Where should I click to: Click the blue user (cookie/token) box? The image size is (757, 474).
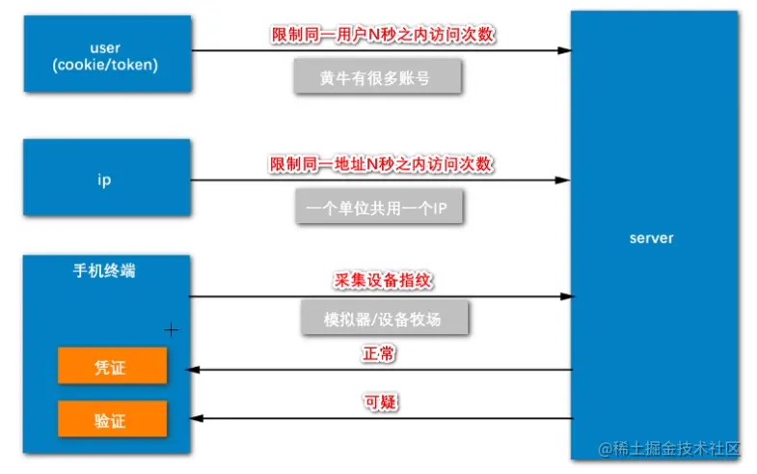107,54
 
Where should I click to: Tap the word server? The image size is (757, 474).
651,237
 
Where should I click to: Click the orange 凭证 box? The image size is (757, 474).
112,368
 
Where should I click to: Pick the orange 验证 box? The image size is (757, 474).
112,420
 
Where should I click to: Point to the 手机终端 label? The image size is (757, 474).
104,271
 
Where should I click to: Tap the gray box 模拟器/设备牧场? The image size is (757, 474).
383,318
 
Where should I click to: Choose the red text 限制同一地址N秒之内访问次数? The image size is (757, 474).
383,164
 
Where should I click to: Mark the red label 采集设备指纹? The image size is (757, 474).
383,281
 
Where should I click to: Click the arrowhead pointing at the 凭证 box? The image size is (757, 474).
195,370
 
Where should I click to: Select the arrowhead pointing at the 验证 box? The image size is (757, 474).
195,418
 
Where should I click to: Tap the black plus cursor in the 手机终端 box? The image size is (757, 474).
172,330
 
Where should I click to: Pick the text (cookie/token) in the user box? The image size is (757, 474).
105,65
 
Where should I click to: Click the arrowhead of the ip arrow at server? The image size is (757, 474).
563,181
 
